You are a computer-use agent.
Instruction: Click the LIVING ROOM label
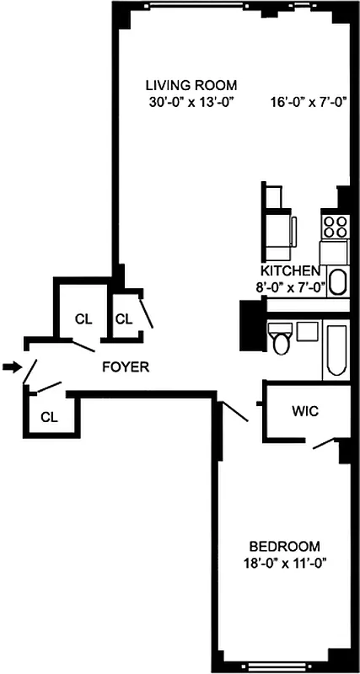tap(191, 85)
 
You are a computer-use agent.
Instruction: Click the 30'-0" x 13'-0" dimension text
tap(191, 103)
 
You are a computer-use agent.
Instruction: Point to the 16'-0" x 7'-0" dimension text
tap(309, 103)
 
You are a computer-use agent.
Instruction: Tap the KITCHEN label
tap(290, 271)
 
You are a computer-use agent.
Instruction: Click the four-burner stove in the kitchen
tap(336, 226)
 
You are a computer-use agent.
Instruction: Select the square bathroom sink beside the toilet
tap(305, 329)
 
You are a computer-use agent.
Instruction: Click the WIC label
tap(304, 412)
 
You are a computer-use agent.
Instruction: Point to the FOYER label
tap(126, 367)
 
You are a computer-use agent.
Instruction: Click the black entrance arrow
tap(10, 366)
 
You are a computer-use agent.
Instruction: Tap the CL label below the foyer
tap(49, 416)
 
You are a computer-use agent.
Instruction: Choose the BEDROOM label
tap(277, 545)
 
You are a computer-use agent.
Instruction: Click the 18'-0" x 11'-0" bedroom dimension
tap(277, 562)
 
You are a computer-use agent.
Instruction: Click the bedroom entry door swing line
tap(234, 411)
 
